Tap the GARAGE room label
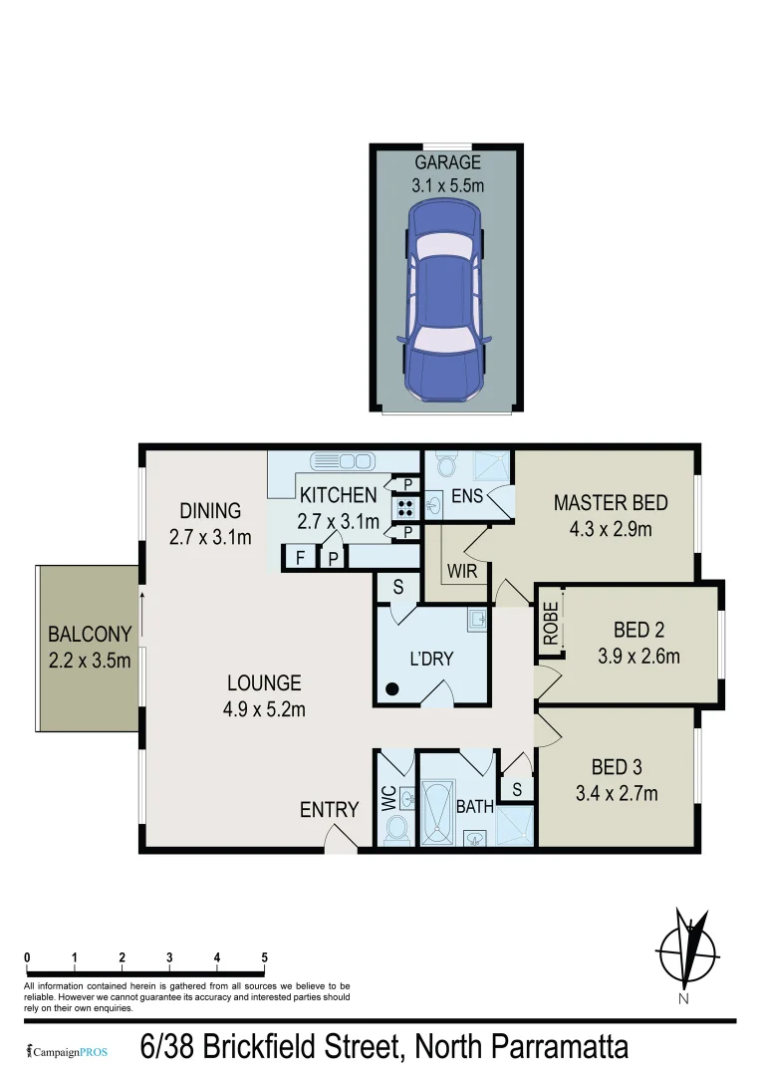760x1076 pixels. pyautogui.click(x=447, y=162)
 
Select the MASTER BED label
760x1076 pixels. pyautogui.click(x=611, y=503)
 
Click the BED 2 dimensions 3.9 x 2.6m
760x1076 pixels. pyautogui.click(x=638, y=656)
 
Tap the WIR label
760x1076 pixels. pyautogui.click(x=463, y=573)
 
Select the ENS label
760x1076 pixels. pyautogui.click(x=467, y=494)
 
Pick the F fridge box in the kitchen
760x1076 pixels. pyautogui.click(x=299, y=559)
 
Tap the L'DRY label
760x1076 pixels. pyautogui.click(x=431, y=659)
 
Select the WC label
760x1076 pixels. pyautogui.click(x=388, y=801)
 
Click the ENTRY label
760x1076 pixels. pyautogui.click(x=329, y=810)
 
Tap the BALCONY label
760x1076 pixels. pyautogui.click(x=90, y=634)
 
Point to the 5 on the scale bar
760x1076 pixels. pyautogui.click(x=264, y=957)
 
